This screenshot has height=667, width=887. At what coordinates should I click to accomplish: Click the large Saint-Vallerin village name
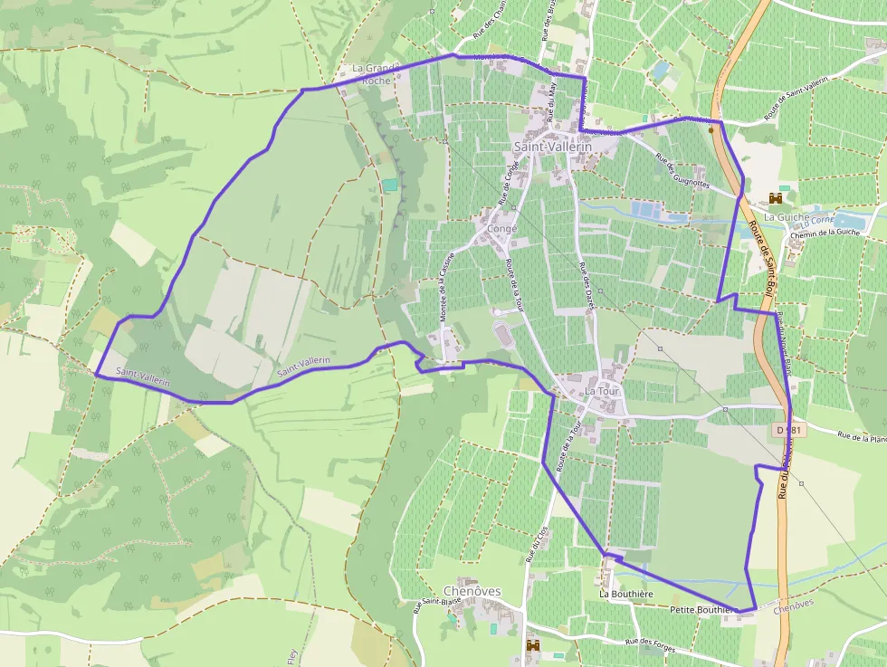pyautogui.click(x=552, y=147)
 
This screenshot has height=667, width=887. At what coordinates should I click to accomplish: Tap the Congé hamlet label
pyautogui.click(x=502, y=229)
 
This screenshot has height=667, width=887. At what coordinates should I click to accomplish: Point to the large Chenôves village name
pyautogui.click(x=472, y=591)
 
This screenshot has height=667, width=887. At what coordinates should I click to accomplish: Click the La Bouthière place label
pyautogui.click(x=626, y=594)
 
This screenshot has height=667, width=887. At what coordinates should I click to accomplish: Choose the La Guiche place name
pyautogui.click(x=784, y=217)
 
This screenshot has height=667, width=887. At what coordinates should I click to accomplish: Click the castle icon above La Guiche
pyautogui.click(x=775, y=197)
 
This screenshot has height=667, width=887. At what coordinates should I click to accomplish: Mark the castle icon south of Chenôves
pyautogui.click(x=532, y=645)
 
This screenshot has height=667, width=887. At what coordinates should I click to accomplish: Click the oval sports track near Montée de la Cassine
pyautogui.click(x=503, y=336)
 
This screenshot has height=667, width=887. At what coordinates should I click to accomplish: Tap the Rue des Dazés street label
pyautogui.click(x=590, y=281)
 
